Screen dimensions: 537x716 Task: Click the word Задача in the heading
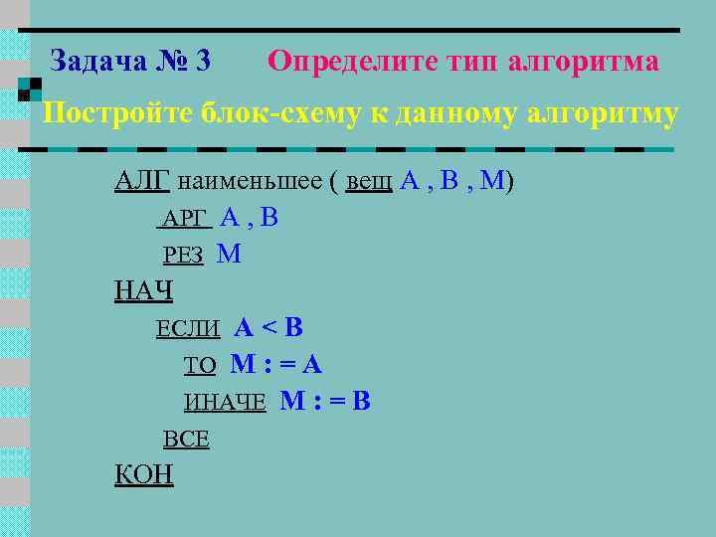pyautogui.click(x=97, y=62)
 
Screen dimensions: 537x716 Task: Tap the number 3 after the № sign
pyautogui.click(x=204, y=62)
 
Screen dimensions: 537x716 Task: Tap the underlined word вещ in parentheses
pyautogui.click(x=368, y=183)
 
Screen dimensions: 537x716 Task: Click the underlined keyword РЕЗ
pyautogui.click(x=184, y=256)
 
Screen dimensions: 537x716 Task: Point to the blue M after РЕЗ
pyautogui.click(x=229, y=254)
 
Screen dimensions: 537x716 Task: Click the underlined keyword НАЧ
pyautogui.click(x=144, y=291)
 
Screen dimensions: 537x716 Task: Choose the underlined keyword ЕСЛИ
pyautogui.click(x=190, y=329)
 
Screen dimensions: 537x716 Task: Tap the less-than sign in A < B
pyautogui.click(x=268, y=328)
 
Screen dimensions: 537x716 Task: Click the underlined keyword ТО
pyautogui.click(x=200, y=366)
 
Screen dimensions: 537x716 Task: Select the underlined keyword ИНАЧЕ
pyautogui.click(x=225, y=403)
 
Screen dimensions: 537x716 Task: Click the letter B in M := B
pyautogui.click(x=362, y=402)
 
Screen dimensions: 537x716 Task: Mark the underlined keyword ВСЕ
pyautogui.click(x=186, y=440)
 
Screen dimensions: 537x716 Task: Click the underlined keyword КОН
pyautogui.click(x=144, y=475)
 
